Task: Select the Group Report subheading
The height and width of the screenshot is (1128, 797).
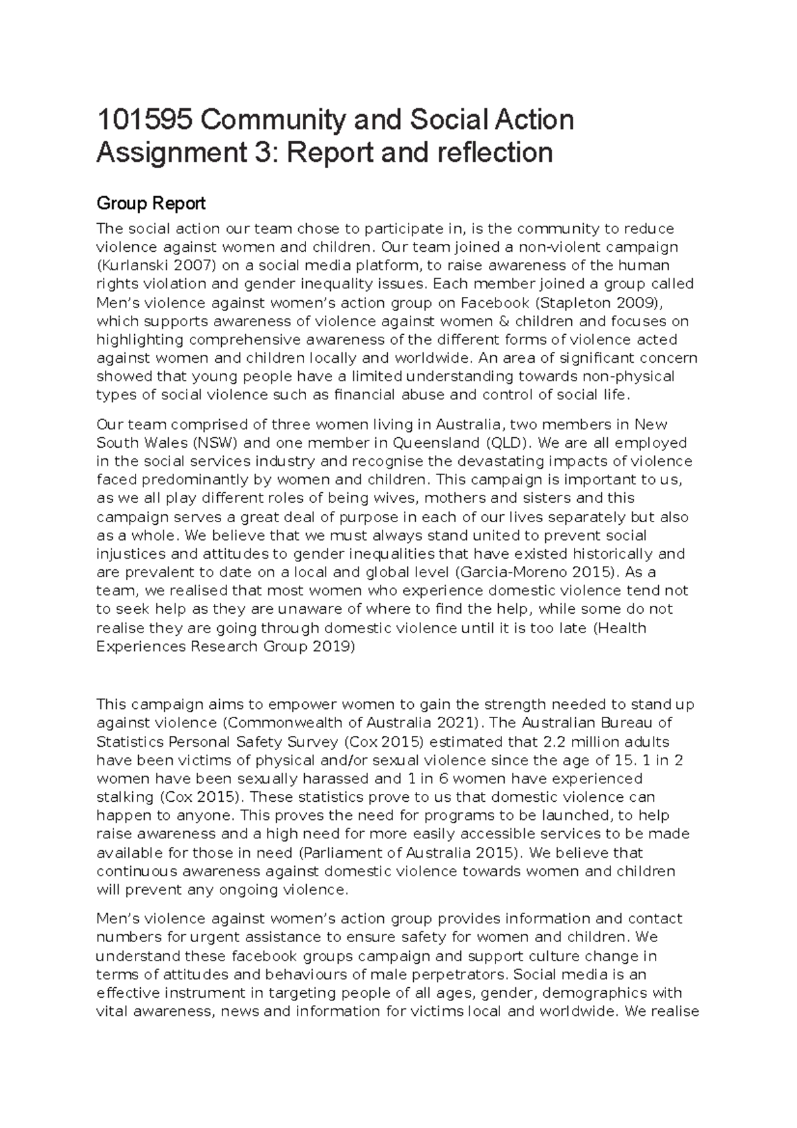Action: tap(151, 203)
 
